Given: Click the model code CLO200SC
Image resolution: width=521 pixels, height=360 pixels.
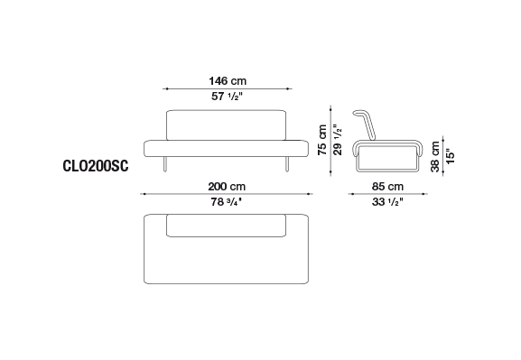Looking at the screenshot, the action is click(x=96, y=166).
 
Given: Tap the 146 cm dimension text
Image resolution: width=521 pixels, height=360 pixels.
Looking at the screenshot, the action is click(x=228, y=80).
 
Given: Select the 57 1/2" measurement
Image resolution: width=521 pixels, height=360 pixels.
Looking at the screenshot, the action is click(x=227, y=97).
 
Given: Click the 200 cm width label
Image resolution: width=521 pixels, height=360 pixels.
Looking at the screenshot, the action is click(x=227, y=186).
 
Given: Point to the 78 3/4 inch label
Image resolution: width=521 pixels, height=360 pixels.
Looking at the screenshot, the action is click(x=226, y=201).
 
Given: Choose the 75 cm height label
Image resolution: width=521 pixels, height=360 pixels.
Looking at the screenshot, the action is click(x=322, y=140).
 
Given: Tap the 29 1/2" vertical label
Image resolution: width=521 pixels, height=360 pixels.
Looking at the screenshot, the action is click(x=338, y=140).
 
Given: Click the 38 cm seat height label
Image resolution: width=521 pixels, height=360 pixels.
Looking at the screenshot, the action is click(x=435, y=156).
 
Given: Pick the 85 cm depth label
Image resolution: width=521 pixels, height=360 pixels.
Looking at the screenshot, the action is click(x=387, y=186).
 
